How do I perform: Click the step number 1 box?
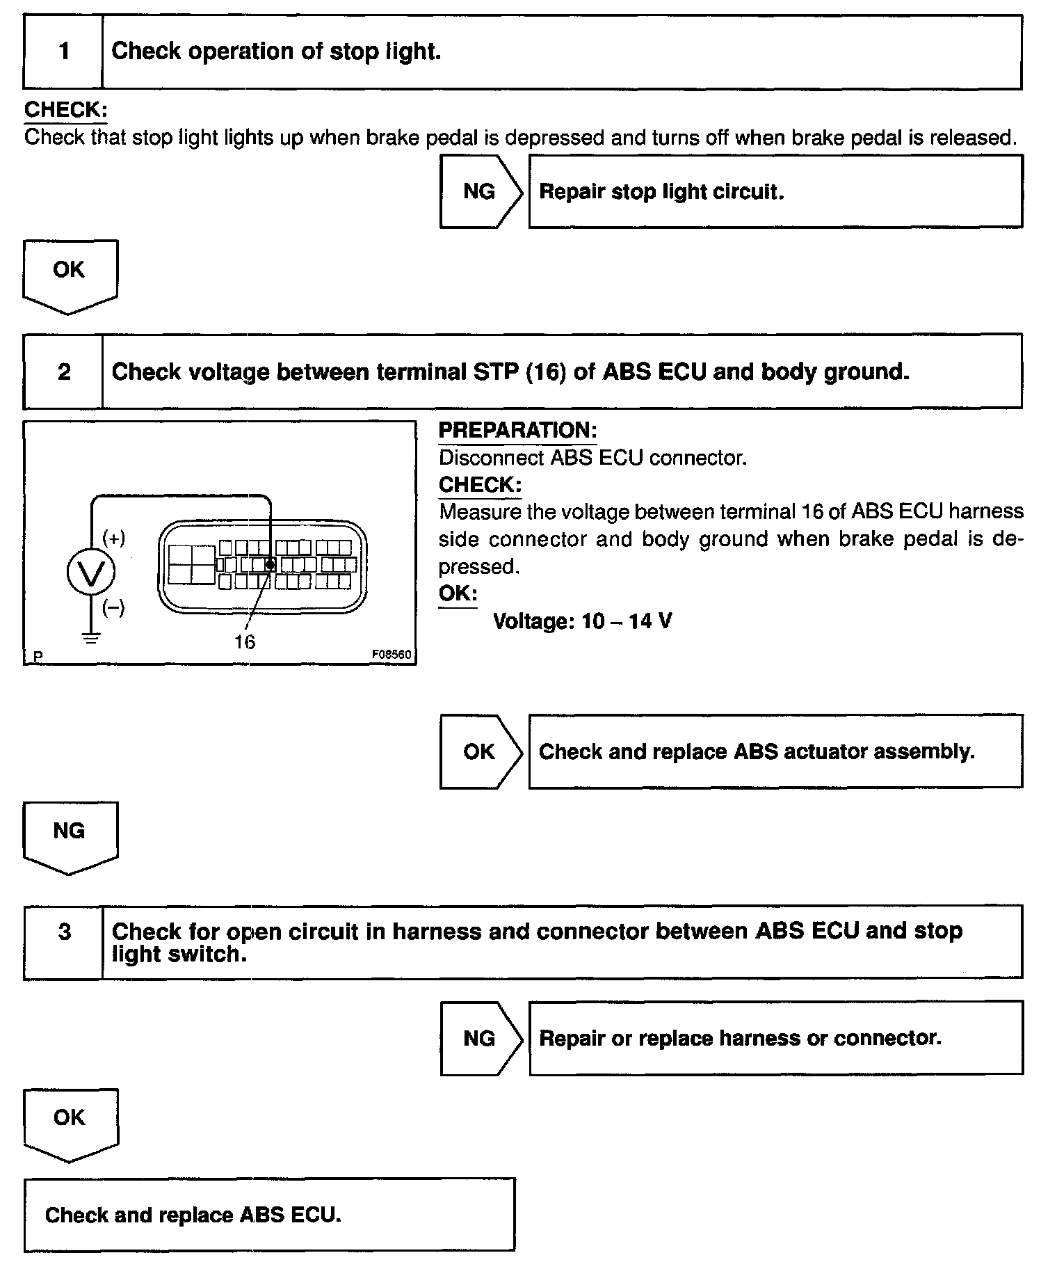click(63, 52)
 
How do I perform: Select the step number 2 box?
click(63, 372)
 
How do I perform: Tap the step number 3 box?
click(63, 942)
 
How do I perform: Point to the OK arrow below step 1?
click(70, 274)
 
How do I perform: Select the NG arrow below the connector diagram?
click(70, 835)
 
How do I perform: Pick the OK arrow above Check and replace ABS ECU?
click(70, 1122)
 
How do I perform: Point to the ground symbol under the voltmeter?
click(91, 637)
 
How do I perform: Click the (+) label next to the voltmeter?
click(114, 538)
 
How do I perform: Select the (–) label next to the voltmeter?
click(114, 609)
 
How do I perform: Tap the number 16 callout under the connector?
click(245, 641)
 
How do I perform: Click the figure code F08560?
click(391, 655)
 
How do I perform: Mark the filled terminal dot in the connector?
click(271, 564)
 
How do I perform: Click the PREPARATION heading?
click(517, 431)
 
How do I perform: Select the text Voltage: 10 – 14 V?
click(582, 621)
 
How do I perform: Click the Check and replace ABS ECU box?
click(269, 1215)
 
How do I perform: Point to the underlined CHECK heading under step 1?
click(65, 110)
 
